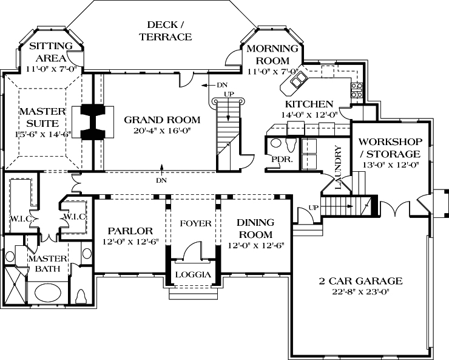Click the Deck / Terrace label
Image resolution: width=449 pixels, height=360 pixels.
[x=165, y=31]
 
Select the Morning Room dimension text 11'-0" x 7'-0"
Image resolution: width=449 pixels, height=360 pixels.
[x=273, y=72]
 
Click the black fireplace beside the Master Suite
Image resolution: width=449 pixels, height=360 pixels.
[x=93, y=122]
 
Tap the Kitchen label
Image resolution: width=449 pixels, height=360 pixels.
[x=312, y=104]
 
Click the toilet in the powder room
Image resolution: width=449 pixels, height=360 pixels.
[x=289, y=144]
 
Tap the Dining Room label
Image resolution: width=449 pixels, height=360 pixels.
[x=255, y=228]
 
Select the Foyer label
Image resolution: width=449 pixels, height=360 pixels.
[x=195, y=223]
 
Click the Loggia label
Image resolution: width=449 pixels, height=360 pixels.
[x=193, y=274]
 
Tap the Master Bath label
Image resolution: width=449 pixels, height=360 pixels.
[x=47, y=264]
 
